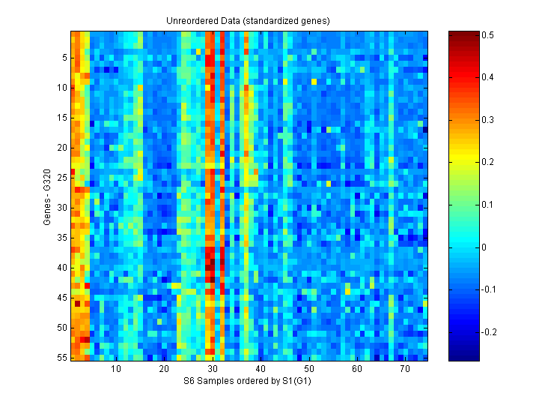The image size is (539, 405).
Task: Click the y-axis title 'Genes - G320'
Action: click(x=47, y=196)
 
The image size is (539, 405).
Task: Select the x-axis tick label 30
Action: click(x=213, y=370)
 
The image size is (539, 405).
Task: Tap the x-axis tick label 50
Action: click(x=309, y=370)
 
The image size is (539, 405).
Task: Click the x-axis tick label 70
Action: click(x=405, y=370)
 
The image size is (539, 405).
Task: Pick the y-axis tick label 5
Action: click(x=64, y=57)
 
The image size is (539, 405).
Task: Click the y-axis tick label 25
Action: click(x=62, y=177)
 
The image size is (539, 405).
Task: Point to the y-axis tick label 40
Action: click(x=62, y=268)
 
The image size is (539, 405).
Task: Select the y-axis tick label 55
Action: click(x=62, y=358)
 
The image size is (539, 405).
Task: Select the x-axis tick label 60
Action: click(x=357, y=370)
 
